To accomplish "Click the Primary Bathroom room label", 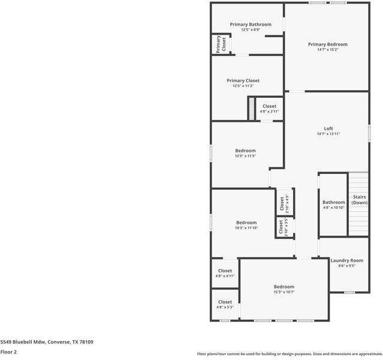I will pos(251,25).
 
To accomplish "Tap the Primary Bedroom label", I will pos(327,44).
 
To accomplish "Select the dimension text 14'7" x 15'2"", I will pos(327,50).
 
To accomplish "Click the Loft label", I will pos(328,128).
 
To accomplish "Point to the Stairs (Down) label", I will pos(359,200).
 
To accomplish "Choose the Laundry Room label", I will pos(346,260).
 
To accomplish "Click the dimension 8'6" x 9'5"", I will pos(346,266).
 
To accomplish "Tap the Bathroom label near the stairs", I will pos(333,202).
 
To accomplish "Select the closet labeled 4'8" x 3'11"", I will pos(269,109).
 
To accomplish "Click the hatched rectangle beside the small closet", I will pos(252,109).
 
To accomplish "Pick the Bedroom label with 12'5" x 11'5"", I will pos(245,151).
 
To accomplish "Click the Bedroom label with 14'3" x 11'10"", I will pos(246,223).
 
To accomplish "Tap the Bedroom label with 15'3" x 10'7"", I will pos(284,287).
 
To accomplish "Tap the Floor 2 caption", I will pos(8,352).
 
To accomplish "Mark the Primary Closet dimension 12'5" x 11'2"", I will pos(243,86).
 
